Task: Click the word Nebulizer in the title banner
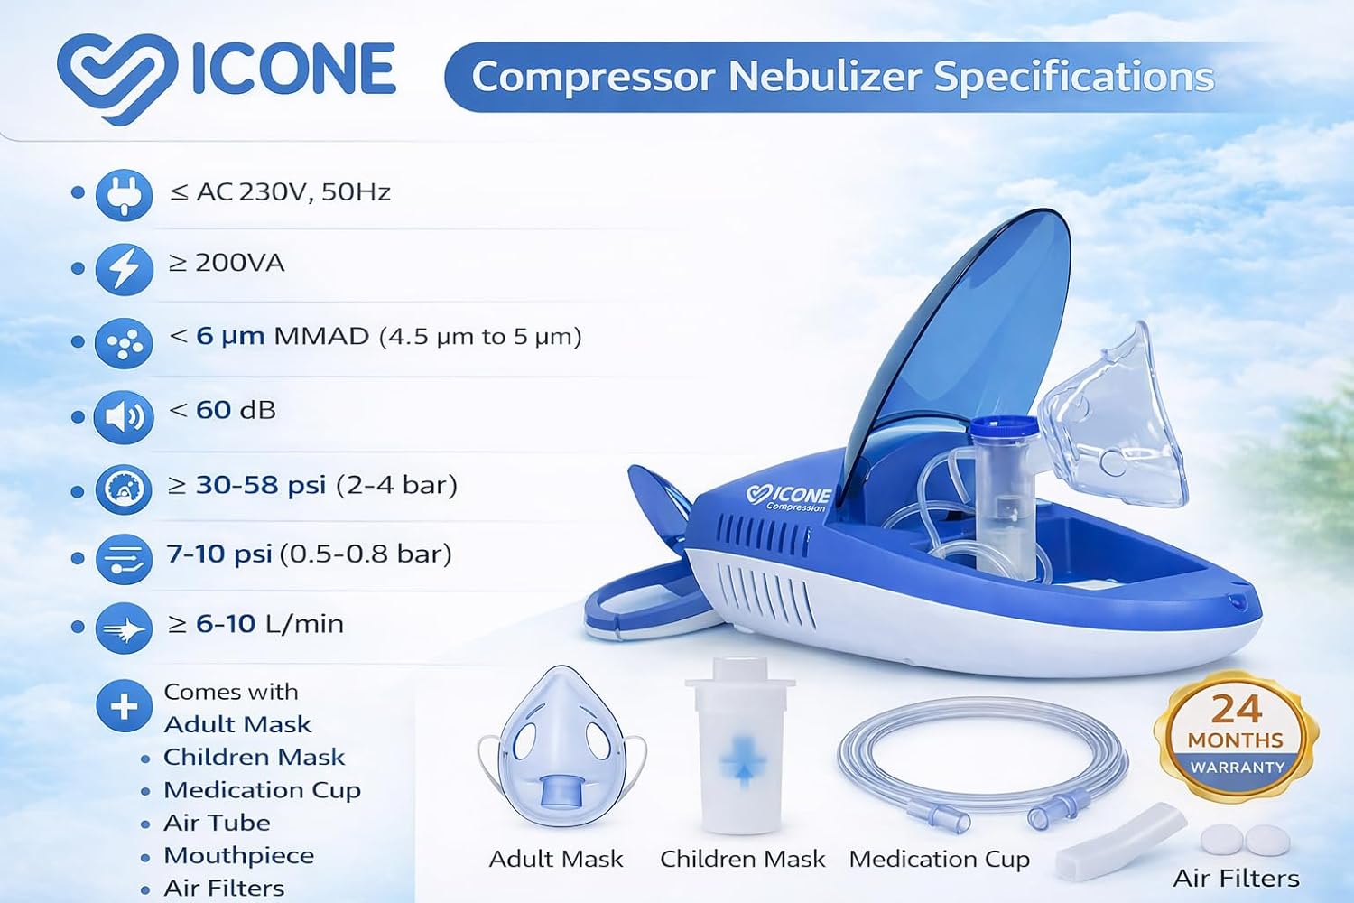point(826,77)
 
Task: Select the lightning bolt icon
point(124,268)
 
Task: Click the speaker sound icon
point(124,416)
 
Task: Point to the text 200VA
point(239,263)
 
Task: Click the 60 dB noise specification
point(236,410)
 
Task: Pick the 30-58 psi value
point(261,486)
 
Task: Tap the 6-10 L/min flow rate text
point(270,624)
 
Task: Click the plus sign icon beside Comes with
point(124,706)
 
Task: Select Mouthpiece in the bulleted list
point(239,856)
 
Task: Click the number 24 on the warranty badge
point(1236,709)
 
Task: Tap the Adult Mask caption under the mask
point(555,859)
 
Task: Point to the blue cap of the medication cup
point(1004,428)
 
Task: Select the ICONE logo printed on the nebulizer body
point(788,498)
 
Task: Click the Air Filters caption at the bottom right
point(1236,879)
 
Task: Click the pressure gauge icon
point(124,489)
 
